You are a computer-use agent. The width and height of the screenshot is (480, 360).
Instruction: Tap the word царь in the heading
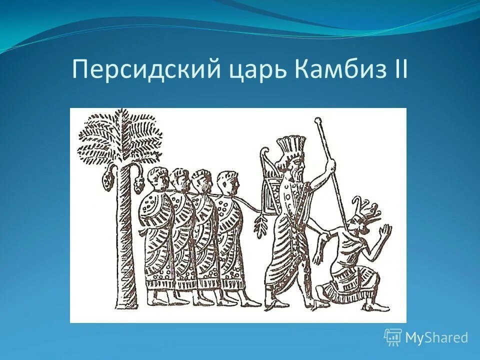[x=255, y=70]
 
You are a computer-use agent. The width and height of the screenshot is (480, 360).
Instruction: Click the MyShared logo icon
[x=393, y=337]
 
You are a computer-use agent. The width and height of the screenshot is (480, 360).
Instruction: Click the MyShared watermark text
[x=436, y=338]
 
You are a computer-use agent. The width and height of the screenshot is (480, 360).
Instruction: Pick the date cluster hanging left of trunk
[x=106, y=181]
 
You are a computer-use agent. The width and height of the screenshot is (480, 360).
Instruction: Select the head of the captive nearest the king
[x=227, y=183]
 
